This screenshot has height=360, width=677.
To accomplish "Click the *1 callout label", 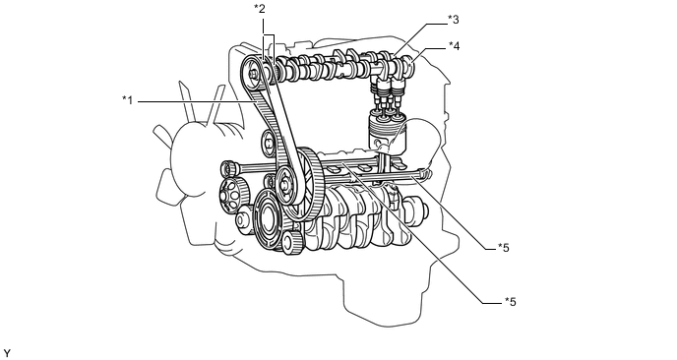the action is coord(127,101).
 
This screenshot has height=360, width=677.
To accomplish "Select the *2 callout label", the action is coord(260,9).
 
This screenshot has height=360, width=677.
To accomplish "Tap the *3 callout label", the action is coord(453,19).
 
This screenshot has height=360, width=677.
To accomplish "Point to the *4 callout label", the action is coord(455,45).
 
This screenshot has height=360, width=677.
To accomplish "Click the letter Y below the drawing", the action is coord(7,353).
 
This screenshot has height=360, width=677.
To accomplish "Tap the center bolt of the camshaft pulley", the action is coord(253,74).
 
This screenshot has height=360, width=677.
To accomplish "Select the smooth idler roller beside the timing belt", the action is coord(268,144).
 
